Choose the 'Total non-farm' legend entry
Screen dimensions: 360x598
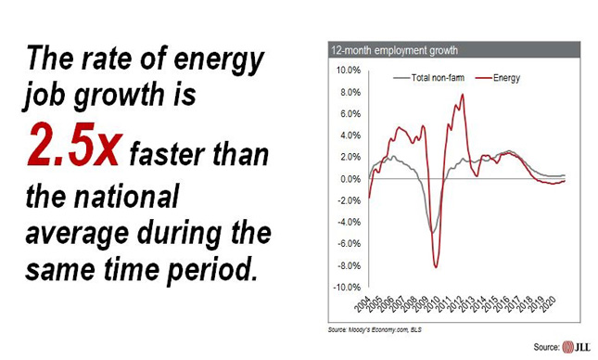click(430, 78)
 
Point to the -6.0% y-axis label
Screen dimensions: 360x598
click(347, 244)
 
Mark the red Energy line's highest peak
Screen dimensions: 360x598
click(462, 95)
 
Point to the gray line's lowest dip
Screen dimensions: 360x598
click(432, 232)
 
